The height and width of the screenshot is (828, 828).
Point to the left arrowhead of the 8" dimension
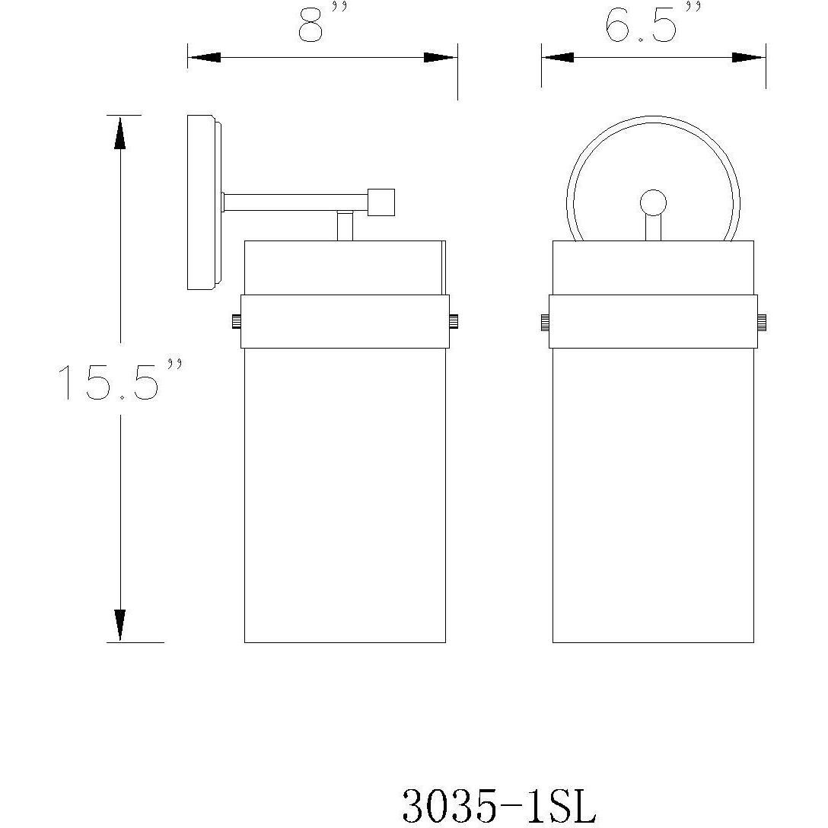(204, 58)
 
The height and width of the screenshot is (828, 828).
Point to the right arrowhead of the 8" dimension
(441, 58)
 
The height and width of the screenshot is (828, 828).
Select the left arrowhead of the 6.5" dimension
(558, 58)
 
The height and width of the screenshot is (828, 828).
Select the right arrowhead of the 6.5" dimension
(749, 58)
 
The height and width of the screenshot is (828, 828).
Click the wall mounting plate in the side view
(202, 202)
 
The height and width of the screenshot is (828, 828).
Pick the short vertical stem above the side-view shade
(345, 226)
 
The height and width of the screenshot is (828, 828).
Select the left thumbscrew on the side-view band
(235, 321)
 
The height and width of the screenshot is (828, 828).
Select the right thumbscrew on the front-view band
(761, 321)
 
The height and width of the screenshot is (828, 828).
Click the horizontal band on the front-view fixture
(653, 321)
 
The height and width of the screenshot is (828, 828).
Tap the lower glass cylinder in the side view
(344, 495)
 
